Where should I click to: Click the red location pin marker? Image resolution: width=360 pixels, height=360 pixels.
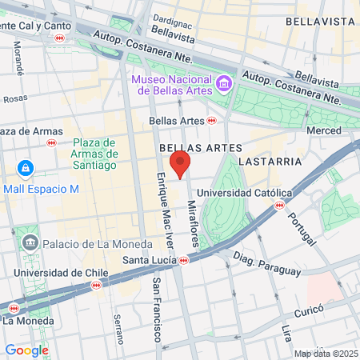coord(181,164)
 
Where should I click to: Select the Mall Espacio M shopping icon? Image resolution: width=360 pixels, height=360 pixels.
coord(26,170)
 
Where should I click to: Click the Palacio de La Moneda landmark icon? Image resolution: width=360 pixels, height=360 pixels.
coord(30,242)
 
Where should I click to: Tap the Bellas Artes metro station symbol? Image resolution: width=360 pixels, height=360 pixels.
coord(211,120)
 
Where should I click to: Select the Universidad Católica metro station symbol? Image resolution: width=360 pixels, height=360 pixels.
coord(278,205)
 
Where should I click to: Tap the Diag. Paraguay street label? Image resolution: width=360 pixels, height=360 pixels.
coord(266,265)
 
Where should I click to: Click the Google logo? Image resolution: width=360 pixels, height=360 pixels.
coord(26,350)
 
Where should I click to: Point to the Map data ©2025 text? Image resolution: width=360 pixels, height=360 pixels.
coord(324,354)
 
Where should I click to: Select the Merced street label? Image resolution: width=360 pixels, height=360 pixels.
coord(323,130)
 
